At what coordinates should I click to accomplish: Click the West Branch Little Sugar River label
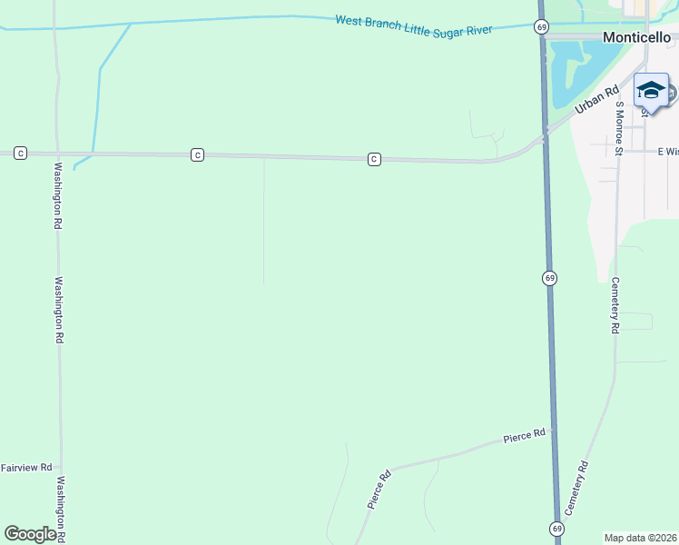[x=413, y=25]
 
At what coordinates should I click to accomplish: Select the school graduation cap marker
[x=650, y=90]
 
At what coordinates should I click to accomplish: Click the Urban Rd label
[x=596, y=100]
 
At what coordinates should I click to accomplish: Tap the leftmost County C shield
[x=20, y=154]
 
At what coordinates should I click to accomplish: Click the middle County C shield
[x=197, y=155]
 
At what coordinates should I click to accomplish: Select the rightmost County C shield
[x=373, y=159]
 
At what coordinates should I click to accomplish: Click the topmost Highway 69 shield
[x=541, y=26]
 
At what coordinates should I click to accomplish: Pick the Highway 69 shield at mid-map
[x=550, y=277]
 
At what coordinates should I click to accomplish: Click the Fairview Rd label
[x=26, y=468]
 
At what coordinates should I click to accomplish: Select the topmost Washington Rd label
[x=57, y=195]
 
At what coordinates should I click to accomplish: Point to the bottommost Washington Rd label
[x=62, y=510]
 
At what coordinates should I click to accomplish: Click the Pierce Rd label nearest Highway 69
[x=525, y=436]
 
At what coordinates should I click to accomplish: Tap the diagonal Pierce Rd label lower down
[x=379, y=488]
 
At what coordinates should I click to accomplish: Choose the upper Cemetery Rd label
[x=615, y=305]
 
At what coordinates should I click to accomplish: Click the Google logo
[x=30, y=534]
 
